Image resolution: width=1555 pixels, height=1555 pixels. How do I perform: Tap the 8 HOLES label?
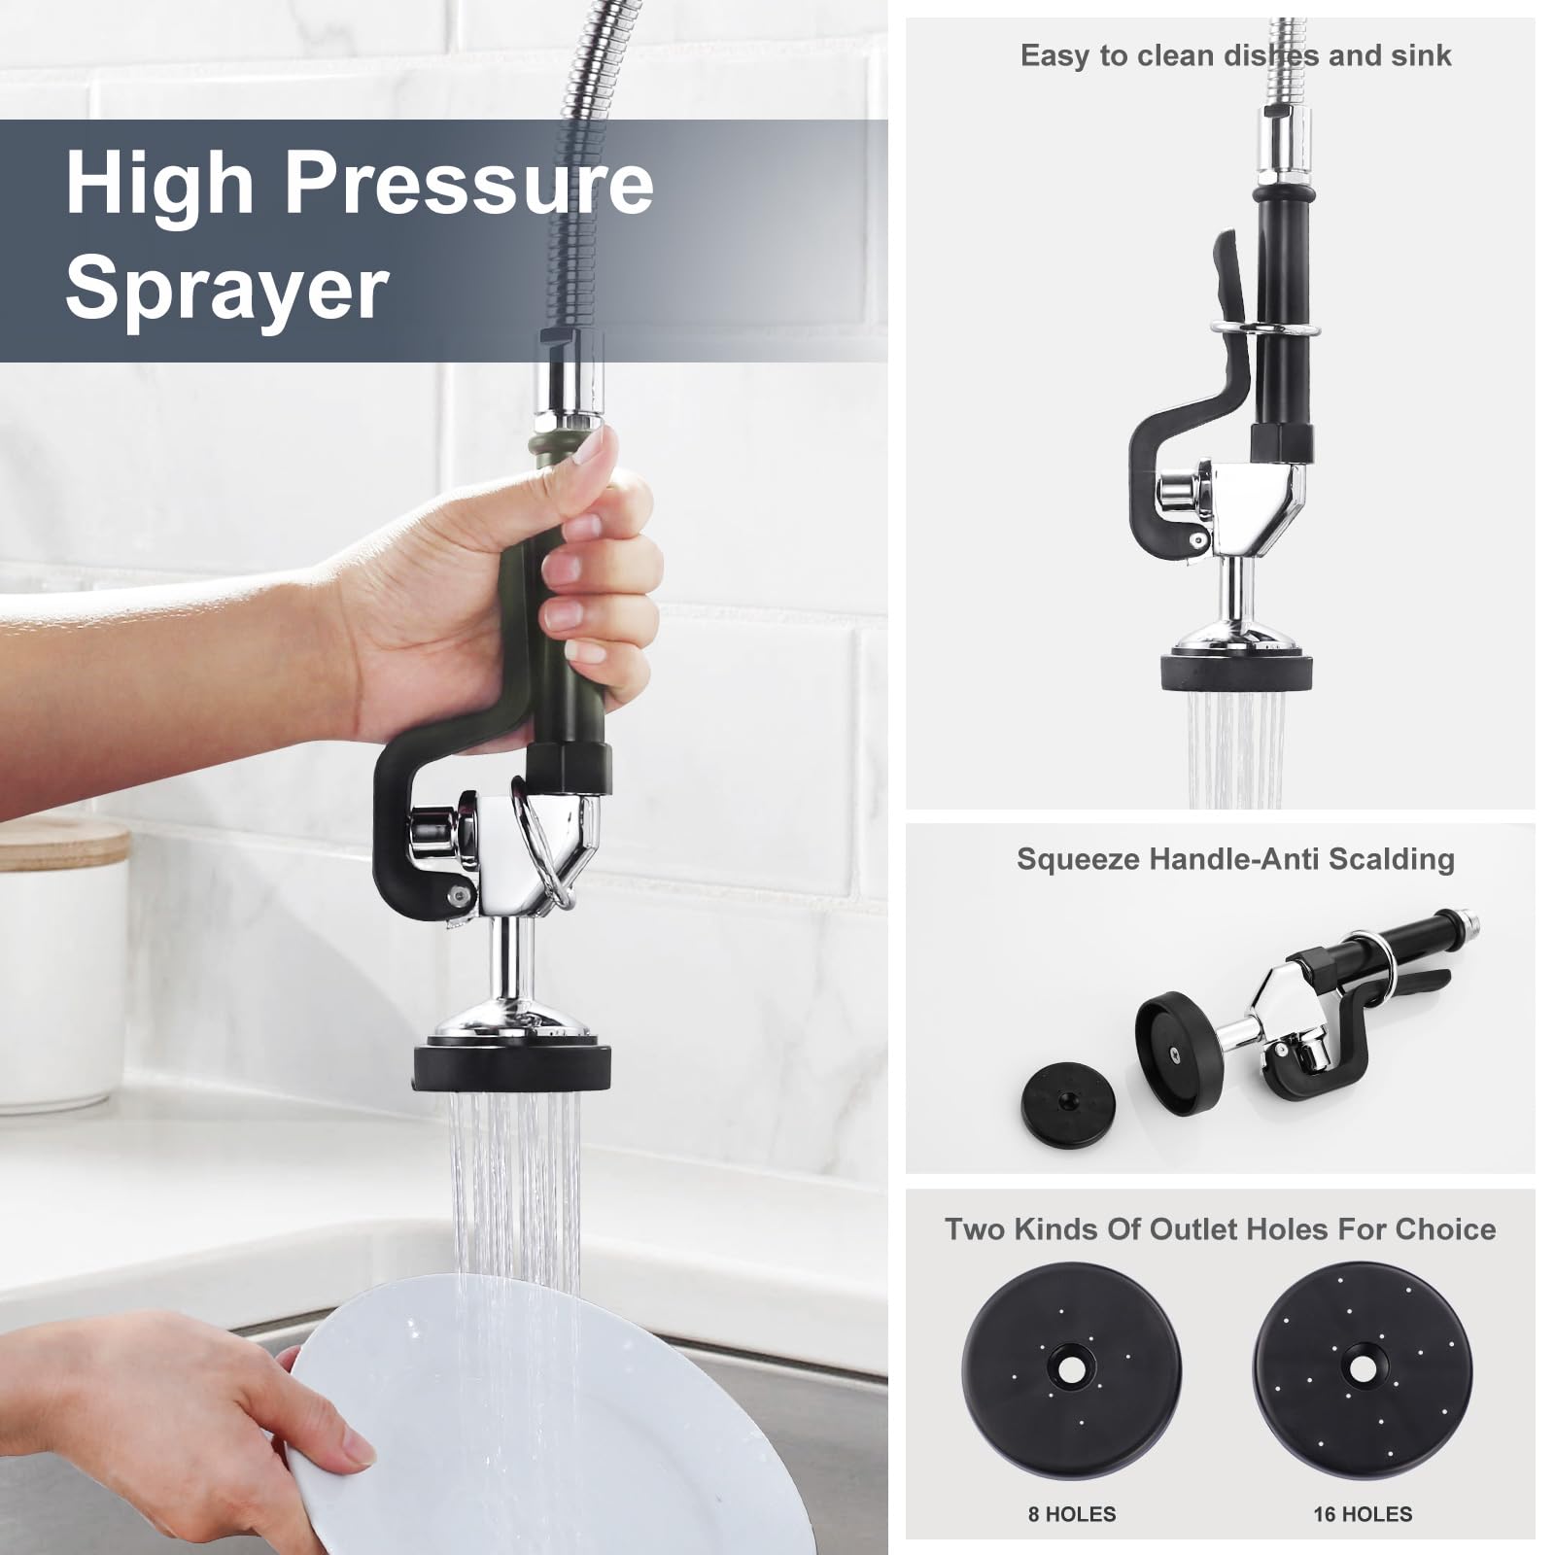pyautogui.click(x=1072, y=1513)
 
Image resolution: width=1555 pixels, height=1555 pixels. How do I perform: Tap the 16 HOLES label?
pyautogui.click(x=1363, y=1513)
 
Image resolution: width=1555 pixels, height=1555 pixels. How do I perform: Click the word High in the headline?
pyautogui.click(x=160, y=185)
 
